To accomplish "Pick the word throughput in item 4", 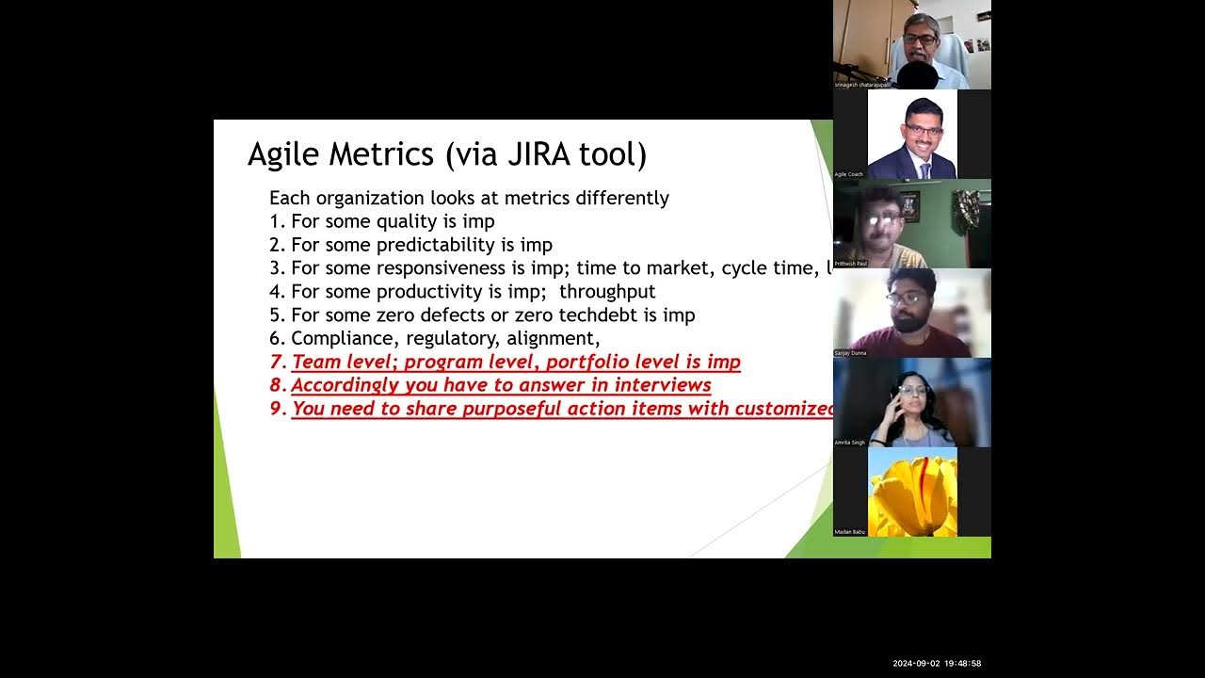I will (607, 292).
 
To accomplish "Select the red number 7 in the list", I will (276, 362).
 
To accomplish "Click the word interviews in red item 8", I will (663, 385).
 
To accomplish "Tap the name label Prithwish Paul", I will (851, 264).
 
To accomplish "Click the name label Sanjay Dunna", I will (850, 353).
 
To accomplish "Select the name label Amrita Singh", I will (849, 443).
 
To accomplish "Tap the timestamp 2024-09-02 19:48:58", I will (937, 664).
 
